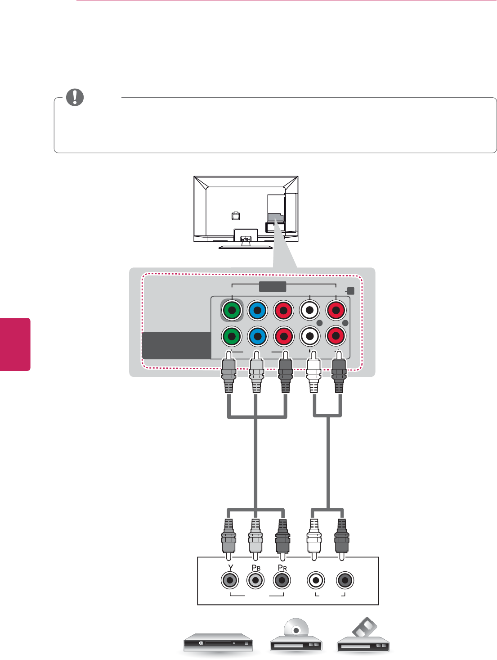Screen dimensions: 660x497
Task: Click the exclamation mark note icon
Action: click(75, 97)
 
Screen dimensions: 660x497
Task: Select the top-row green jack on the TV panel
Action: click(232, 310)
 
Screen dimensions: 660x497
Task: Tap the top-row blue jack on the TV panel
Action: click(258, 310)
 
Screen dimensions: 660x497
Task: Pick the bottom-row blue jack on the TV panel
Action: click(258, 336)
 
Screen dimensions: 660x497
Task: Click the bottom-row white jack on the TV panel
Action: click(310, 336)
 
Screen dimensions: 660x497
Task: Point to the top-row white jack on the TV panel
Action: click(310, 310)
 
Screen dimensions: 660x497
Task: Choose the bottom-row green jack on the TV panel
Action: click(232, 336)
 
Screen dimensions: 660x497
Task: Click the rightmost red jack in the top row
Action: click(336, 310)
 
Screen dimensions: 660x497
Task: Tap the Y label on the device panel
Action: click(231, 568)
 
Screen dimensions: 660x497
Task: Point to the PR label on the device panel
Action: click(282, 568)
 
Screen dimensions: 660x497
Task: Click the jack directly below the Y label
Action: click(230, 580)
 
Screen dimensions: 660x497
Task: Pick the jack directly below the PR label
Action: click(282, 580)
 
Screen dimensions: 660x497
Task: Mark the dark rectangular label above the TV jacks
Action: click(273, 286)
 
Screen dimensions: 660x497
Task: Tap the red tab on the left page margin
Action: click(15, 344)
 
